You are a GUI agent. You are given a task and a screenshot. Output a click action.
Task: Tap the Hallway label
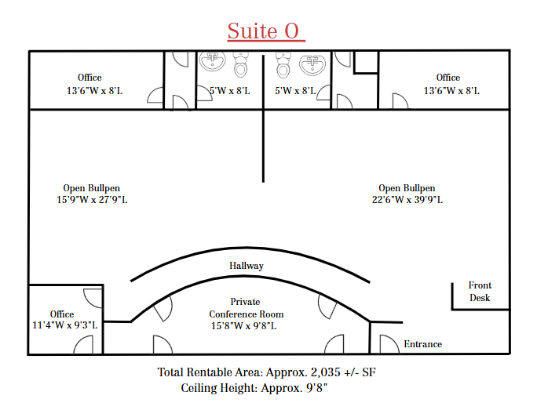[x=247, y=266]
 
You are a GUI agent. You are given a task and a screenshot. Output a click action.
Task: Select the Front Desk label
[x=480, y=292]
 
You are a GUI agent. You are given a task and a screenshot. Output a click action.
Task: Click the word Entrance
[x=423, y=344]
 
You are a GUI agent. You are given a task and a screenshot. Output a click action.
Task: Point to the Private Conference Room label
[x=246, y=308]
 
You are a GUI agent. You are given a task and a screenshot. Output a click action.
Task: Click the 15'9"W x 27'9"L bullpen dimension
[x=92, y=200]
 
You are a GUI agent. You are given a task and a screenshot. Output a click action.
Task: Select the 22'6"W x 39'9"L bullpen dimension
[x=407, y=200]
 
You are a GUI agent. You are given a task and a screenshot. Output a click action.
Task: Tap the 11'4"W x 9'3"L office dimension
[x=64, y=325]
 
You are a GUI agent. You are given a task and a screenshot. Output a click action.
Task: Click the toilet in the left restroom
[x=240, y=64]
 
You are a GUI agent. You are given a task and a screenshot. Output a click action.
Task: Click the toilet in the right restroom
[x=283, y=65]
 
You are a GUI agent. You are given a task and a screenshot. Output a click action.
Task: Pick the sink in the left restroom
[x=212, y=61]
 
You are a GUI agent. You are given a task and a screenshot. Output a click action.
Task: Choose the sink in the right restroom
[x=312, y=63]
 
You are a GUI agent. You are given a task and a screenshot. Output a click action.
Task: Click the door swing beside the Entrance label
[x=389, y=344]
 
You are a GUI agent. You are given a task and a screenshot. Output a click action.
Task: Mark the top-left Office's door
[x=155, y=95]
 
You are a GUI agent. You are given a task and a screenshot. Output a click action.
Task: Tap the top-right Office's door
[x=400, y=101]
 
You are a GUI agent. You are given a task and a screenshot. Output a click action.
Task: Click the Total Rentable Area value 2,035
[x=325, y=372]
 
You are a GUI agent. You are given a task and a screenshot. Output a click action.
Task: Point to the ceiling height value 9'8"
[x=317, y=388]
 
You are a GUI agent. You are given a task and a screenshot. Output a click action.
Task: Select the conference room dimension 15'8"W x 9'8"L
[x=243, y=326]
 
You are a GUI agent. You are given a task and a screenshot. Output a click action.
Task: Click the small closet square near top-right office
[x=366, y=63]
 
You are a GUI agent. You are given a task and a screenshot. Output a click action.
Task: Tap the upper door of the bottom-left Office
[x=93, y=299]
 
